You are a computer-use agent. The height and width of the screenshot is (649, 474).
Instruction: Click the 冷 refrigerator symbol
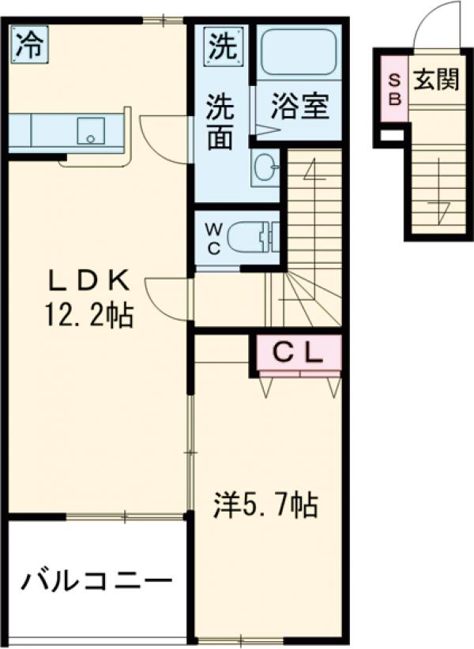click(27, 46)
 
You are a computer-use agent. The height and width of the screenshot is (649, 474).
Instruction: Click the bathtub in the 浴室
click(299, 52)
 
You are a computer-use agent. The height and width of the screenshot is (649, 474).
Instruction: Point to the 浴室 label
click(299, 107)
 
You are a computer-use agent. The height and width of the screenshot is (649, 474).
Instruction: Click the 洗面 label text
click(220, 122)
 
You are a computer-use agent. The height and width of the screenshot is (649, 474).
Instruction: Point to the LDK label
click(87, 281)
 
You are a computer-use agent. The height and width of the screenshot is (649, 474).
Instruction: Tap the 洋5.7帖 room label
click(265, 503)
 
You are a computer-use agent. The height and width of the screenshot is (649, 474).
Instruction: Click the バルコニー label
click(96, 583)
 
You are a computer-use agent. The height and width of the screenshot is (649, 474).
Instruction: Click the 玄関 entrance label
click(434, 79)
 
